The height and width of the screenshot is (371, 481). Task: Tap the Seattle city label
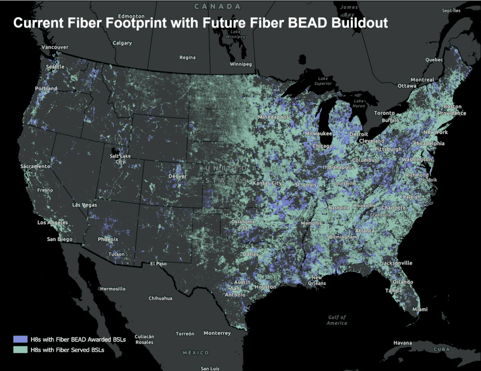coord(55,67)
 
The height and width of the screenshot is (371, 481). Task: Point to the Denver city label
coord(178,176)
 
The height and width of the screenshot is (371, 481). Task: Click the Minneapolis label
coord(273,117)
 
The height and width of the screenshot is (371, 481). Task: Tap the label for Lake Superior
coord(323,81)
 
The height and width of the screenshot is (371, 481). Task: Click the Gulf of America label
coord(337,320)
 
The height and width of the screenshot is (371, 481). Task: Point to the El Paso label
coord(158,264)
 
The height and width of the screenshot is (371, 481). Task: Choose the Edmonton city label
coord(131,16)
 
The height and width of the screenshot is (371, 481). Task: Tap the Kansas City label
coord(267,183)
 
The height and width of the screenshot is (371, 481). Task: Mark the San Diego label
coord(59,239)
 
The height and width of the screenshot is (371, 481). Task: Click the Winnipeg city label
coord(240,64)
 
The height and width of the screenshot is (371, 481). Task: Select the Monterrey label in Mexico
coord(217,333)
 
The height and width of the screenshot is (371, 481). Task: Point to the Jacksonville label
coord(397,263)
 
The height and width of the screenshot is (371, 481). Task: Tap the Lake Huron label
coord(359,104)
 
